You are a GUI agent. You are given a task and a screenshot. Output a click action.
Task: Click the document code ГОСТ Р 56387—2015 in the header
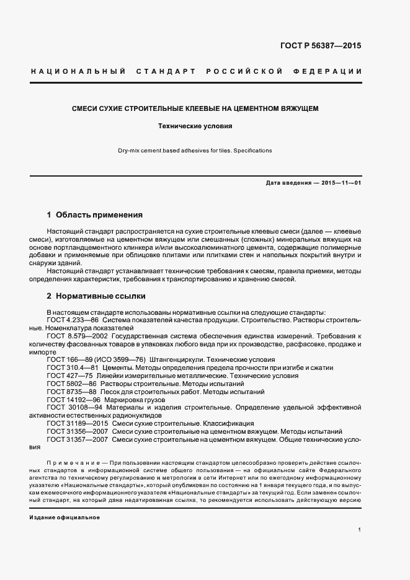tap(321, 46)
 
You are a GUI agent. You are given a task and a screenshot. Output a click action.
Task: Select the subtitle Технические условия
tap(195, 126)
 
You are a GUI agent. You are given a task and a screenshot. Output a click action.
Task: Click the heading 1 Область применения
tap(95, 216)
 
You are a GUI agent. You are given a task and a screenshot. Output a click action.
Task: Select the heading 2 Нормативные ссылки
tap(96, 296)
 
